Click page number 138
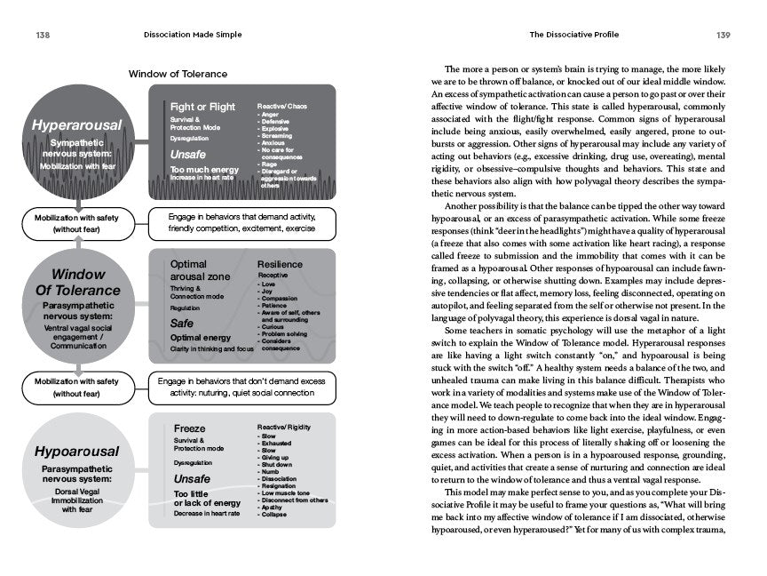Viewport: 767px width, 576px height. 42,36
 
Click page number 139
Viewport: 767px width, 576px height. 723,36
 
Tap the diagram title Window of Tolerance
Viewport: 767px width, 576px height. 178,74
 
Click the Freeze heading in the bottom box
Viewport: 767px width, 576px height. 189,428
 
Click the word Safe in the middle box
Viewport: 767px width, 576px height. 182,324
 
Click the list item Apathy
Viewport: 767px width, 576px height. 274,508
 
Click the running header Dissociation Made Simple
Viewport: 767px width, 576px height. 196,36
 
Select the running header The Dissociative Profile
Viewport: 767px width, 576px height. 573,36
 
